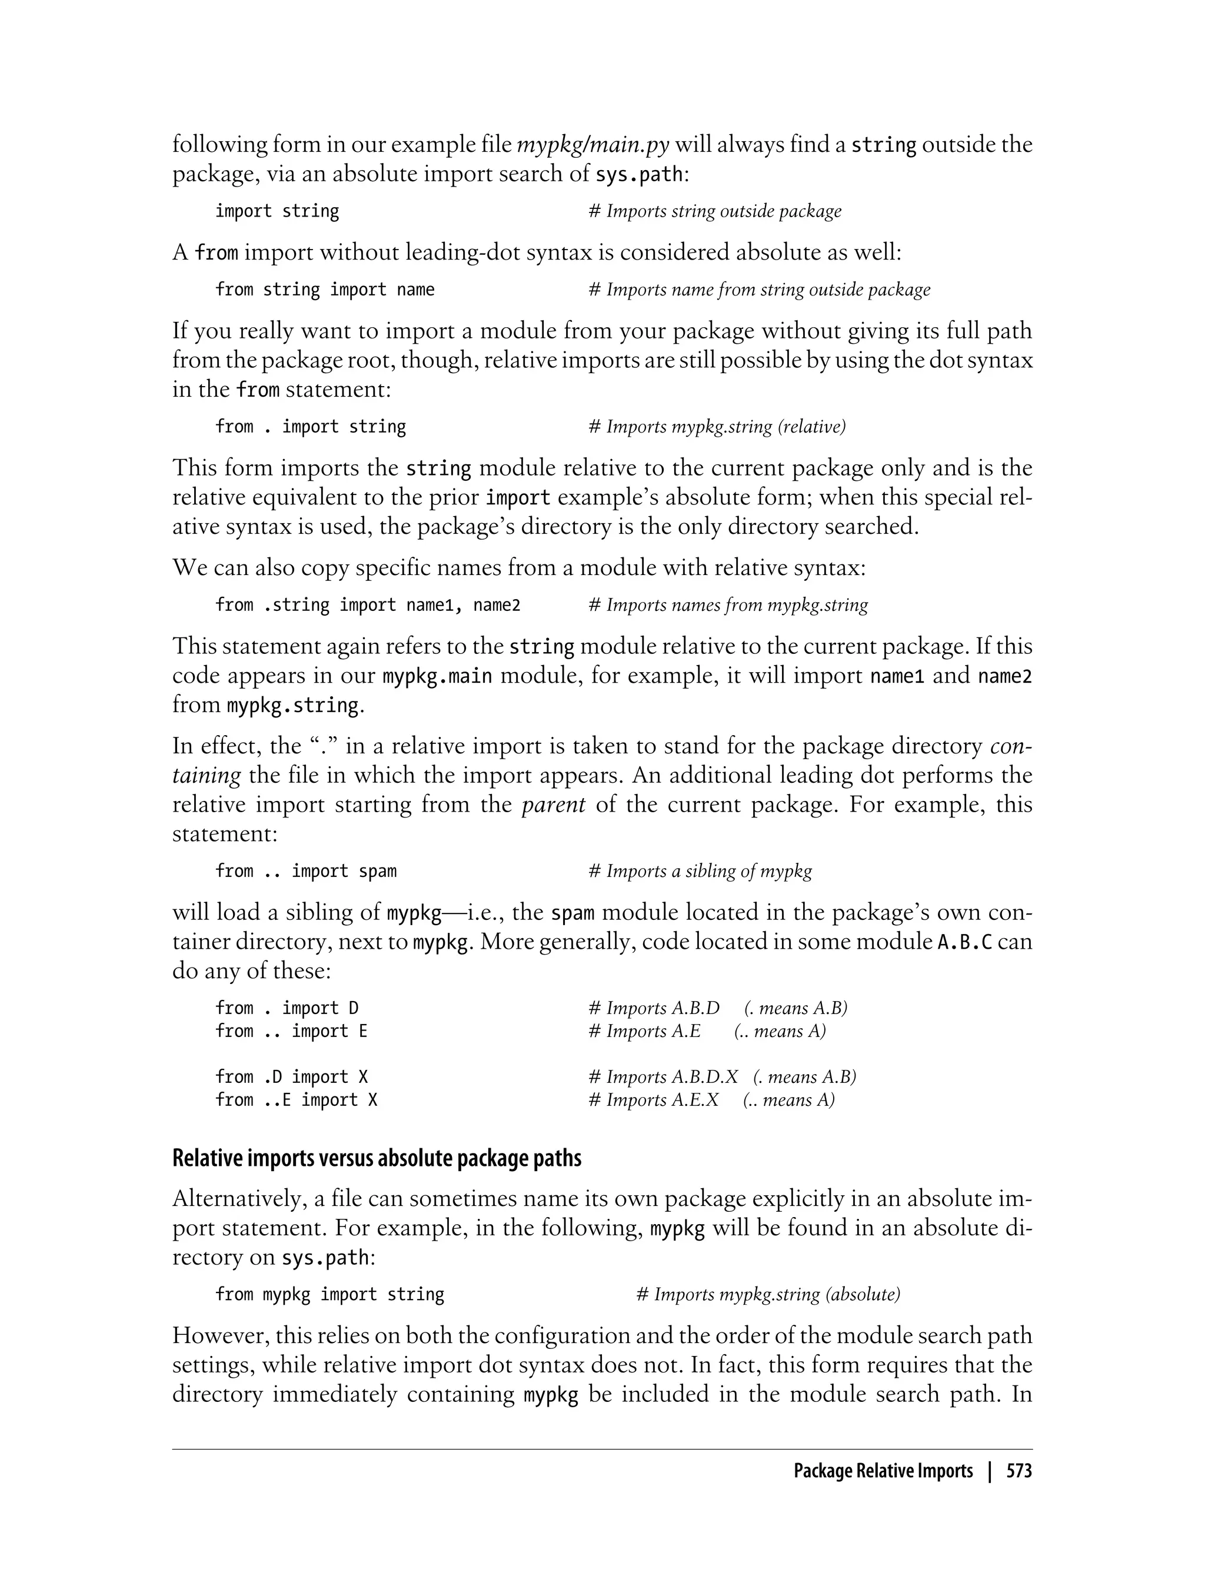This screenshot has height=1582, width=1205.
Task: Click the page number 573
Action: [x=1018, y=1471]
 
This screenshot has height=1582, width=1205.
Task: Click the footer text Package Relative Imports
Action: [x=883, y=1471]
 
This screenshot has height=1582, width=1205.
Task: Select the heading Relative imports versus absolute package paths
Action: [x=377, y=1158]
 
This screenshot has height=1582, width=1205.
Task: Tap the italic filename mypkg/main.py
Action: [x=593, y=144]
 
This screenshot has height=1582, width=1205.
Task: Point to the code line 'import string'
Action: [x=277, y=211]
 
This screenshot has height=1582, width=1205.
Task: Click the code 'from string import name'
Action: [x=325, y=289]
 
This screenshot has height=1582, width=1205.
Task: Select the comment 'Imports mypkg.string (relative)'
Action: [x=717, y=427]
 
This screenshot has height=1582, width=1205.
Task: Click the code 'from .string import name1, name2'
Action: [x=368, y=605]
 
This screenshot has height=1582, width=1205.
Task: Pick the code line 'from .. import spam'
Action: [x=305, y=871]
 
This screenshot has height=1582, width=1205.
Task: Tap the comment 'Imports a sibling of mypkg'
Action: [x=701, y=871]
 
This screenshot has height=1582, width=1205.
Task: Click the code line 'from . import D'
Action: [x=287, y=1008]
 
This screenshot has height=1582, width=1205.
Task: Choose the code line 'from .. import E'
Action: [x=291, y=1031]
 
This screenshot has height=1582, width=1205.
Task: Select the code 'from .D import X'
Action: [x=291, y=1077]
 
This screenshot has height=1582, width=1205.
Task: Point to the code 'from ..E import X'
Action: [x=296, y=1100]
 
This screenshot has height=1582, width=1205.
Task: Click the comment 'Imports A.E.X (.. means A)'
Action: [x=711, y=1100]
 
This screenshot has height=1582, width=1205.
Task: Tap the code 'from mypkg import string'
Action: [x=330, y=1294]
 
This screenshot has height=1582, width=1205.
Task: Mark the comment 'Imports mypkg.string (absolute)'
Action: [x=768, y=1294]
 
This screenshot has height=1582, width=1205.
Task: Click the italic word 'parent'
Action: [x=553, y=805]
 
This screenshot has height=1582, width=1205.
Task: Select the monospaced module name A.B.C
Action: [x=966, y=941]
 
